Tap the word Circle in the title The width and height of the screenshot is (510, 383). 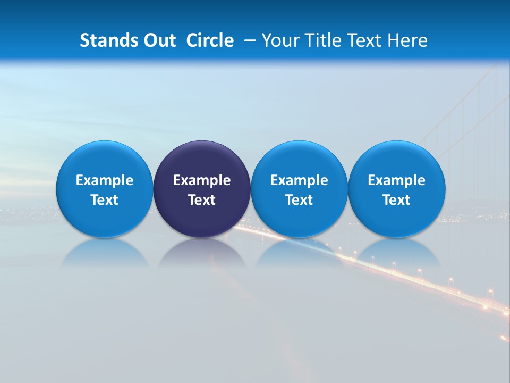pyautogui.click(x=210, y=40)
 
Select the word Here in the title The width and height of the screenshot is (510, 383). pyautogui.click(x=407, y=40)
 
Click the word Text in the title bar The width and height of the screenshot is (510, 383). pyautogui.click(x=364, y=40)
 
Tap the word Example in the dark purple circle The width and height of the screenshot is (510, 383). pyautogui.click(x=202, y=180)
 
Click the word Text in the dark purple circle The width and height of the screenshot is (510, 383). pyautogui.click(x=202, y=200)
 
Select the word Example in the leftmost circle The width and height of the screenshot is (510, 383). pyautogui.click(x=105, y=180)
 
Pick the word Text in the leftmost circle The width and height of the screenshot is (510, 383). pyautogui.click(x=105, y=200)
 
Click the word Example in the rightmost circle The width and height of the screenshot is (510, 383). pyautogui.click(x=396, y=180)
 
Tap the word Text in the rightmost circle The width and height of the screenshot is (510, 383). pyautogui.click(x=396, y=200)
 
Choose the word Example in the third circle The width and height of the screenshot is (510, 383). pyautogui.click(x=299, y=180)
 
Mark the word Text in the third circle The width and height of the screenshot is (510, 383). pyautogui.click(x=299, y=200)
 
